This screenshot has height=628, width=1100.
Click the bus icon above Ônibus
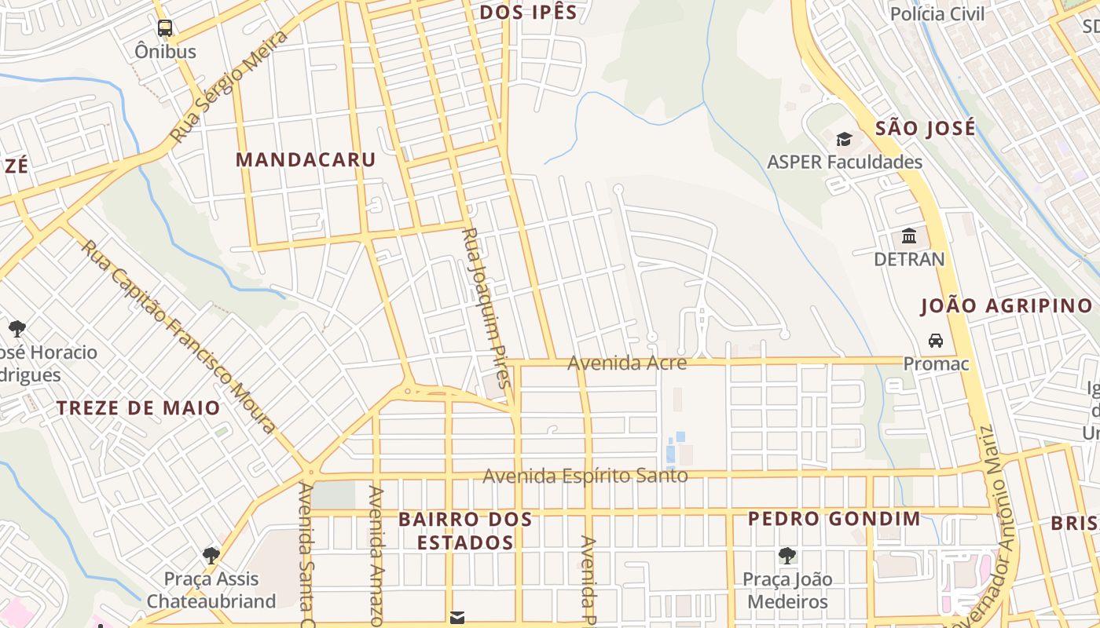click(x=165, y=28)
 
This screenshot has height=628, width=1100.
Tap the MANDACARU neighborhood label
click(x=306, y=159)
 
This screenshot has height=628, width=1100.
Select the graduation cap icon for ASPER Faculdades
click(x=844, y=140)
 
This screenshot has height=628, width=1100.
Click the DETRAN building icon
click(x=909, y=235)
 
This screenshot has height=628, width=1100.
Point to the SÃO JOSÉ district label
click(x=926, y=128)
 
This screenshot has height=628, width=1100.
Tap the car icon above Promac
click(x=936, y=341)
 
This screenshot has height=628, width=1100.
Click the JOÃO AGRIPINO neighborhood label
click(x=1006, y=305)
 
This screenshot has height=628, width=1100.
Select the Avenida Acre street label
click(x=627, y=363)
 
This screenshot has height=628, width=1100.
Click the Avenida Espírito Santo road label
click(x=585, y=476)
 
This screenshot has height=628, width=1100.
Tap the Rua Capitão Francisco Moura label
click(x=179, y=337)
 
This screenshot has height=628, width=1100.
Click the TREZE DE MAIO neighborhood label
click(x=138, y=408)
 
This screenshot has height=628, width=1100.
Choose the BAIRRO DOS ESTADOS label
click(x=465, y=531)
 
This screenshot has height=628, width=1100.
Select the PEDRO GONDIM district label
click(x=834, y=518)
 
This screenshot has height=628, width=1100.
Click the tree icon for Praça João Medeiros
click(x=787, y=556)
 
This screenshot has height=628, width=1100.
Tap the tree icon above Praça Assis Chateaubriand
click(x=211, y=556)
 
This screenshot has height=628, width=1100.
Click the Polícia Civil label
click(x=937, y=13)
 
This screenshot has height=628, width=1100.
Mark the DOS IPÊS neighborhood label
click(x=528, y=12)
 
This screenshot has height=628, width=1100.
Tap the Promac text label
click(x=936, y=364)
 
